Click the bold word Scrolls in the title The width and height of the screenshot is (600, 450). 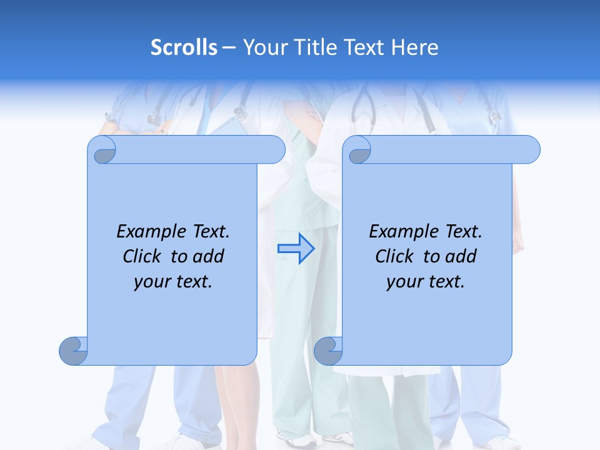184,47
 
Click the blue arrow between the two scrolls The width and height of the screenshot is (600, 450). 296,249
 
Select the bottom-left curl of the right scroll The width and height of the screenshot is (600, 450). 329,351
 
